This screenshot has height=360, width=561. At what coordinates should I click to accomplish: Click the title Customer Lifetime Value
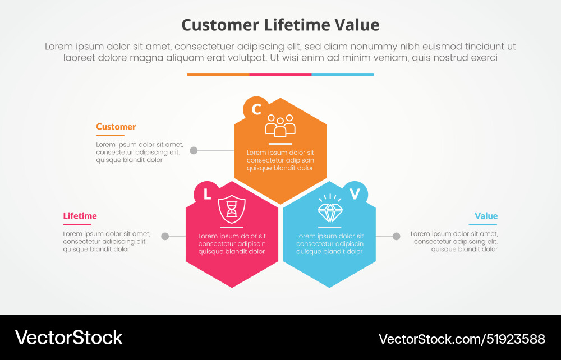[280, 25]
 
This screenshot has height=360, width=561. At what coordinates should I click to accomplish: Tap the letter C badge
[256, 109]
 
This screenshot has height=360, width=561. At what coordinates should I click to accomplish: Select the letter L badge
[207, 194]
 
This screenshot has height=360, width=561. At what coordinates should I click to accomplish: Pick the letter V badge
[355, 194]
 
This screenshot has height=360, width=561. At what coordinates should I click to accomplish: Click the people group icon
[280, 126]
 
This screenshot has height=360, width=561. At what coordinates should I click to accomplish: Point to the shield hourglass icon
[232, 209]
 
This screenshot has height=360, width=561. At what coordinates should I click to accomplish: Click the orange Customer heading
[116, 127]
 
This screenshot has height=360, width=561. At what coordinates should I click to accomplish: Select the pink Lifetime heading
[80, 216]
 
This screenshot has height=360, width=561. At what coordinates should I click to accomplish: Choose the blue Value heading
[486, 216]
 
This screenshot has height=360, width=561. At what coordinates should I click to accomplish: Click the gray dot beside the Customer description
[194, 150]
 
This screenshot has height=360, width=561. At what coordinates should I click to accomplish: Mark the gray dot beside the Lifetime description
[165, 236]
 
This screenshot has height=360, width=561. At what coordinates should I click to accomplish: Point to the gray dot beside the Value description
[396, 236]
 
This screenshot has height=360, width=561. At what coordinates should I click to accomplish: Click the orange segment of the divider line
[218, 74]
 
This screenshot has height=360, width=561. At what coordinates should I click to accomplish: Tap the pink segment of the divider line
[280, 74]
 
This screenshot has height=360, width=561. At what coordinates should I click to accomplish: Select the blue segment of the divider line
[342, 74]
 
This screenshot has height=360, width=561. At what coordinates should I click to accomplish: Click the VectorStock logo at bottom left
[68, 338]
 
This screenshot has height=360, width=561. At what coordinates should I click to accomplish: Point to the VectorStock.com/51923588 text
[462, 339]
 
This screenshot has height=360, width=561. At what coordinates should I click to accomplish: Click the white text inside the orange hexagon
[280, 160]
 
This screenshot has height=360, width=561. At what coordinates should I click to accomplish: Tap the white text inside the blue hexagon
[330, 244]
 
